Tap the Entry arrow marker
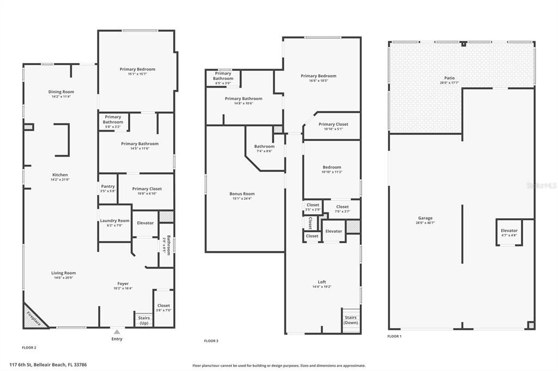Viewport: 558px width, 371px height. tap(117, 331)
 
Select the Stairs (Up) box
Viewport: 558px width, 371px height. tap(143, 320)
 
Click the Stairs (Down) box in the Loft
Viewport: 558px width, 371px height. tap(351, 320)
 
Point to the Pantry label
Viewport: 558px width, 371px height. tap(108, 187)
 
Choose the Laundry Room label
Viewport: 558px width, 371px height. tap(114, 220)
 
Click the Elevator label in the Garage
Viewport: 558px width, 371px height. tap(509, 231)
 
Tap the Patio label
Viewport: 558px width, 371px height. tap(449, 78)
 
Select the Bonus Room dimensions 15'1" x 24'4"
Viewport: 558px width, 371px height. tap(242, 199)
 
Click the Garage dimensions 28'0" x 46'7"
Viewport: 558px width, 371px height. tap(425, 222)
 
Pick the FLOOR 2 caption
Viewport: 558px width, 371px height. tap(29, 347)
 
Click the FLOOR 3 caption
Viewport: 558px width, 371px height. tap(211, 341)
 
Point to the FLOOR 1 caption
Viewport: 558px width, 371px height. tap(394, 336)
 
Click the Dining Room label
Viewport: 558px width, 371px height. tap(61, 92)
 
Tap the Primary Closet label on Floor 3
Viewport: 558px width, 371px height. tap(333, 124)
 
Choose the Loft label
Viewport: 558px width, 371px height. tap(322, 282)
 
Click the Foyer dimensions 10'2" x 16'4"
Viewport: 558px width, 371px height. tap(123, 288)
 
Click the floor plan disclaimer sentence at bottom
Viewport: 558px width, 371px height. tap(279, 366)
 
